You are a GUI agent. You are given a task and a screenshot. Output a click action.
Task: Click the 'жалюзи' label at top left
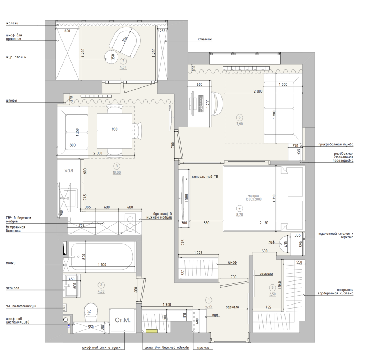click(x=12, y=23)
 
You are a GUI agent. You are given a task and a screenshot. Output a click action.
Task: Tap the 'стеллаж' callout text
click(x=205, y=40)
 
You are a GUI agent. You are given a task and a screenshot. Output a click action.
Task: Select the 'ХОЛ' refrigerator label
click(x=69, y=171)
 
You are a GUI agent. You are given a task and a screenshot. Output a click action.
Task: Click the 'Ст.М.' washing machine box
click(x=123, y=320)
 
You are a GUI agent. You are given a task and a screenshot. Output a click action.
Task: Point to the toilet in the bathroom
click(x=91, y=312)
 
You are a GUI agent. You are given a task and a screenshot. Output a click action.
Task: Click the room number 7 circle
click(x=123, y=61)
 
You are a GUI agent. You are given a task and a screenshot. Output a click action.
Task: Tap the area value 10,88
click(x=117, y=172)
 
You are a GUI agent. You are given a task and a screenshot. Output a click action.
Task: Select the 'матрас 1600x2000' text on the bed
click(x=253, y=198)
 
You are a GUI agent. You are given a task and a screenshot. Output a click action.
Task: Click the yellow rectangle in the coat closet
click(x=152, y=331)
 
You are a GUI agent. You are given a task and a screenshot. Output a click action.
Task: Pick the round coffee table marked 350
click(x=111, y=57)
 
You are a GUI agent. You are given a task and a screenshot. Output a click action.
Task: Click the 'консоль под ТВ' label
click(x=205, y=177)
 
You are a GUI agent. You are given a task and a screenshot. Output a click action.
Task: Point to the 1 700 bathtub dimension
click(x=102, y=265)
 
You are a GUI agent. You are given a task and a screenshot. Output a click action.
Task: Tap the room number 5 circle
click(x=273, y=288)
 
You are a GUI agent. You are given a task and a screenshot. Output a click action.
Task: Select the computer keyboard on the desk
click(x=201, y=103)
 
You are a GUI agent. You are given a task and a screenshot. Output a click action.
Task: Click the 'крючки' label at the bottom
click(x=203, y=348)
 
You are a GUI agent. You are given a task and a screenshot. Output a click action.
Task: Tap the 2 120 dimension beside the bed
click(x=264, y=223)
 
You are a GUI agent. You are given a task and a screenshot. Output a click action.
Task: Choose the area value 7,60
click(x=239, y=124)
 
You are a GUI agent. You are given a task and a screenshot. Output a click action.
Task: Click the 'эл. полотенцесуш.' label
click(x=22, y=306)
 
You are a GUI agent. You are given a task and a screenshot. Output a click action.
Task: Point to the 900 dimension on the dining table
click(x=114, y=129)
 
